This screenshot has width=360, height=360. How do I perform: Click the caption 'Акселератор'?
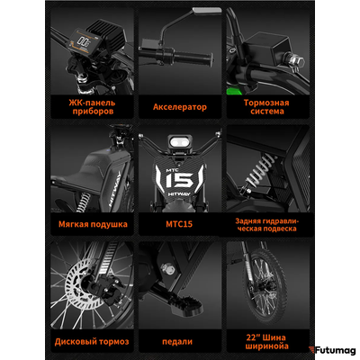pyautogui.click(x=180, y=107)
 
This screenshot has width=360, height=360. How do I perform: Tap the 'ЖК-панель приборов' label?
pyautogui.click(x=92, y=107)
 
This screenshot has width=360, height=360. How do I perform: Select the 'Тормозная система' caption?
pyautogui.click(x=266, y=107)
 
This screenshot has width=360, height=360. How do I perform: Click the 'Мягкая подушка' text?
pyautogui.click(x=93, y=224)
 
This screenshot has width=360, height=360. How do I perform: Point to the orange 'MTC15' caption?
pyautogui.click(x=179, y=224)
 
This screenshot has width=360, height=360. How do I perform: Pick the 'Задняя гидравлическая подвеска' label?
pyautogui.click(x=267, y=225)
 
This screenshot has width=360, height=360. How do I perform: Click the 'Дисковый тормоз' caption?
pyautogui.click(x=92, y=341)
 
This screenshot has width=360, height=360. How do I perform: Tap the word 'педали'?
pyautogui.click(x=177, y=342)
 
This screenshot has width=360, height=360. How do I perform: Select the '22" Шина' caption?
pyautogui.click(x=265, y=337)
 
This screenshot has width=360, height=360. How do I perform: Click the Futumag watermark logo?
pyautogui.click(x=332, y=350)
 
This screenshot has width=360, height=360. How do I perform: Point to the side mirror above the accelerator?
pyautogui.click(x=207, y=10)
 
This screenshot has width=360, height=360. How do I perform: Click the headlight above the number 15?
pyautogui.click(x=180, y=142)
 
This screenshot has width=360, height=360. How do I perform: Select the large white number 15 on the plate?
pyautogui.click(x=179, y=181)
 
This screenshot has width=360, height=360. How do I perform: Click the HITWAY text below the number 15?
pyautogui.click(x=179, y=194)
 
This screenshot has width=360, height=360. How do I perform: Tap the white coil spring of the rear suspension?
pyautogui.click(x=259, y=170)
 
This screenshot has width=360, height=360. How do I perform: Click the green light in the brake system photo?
pyautogui.click(x=234, y=90)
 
